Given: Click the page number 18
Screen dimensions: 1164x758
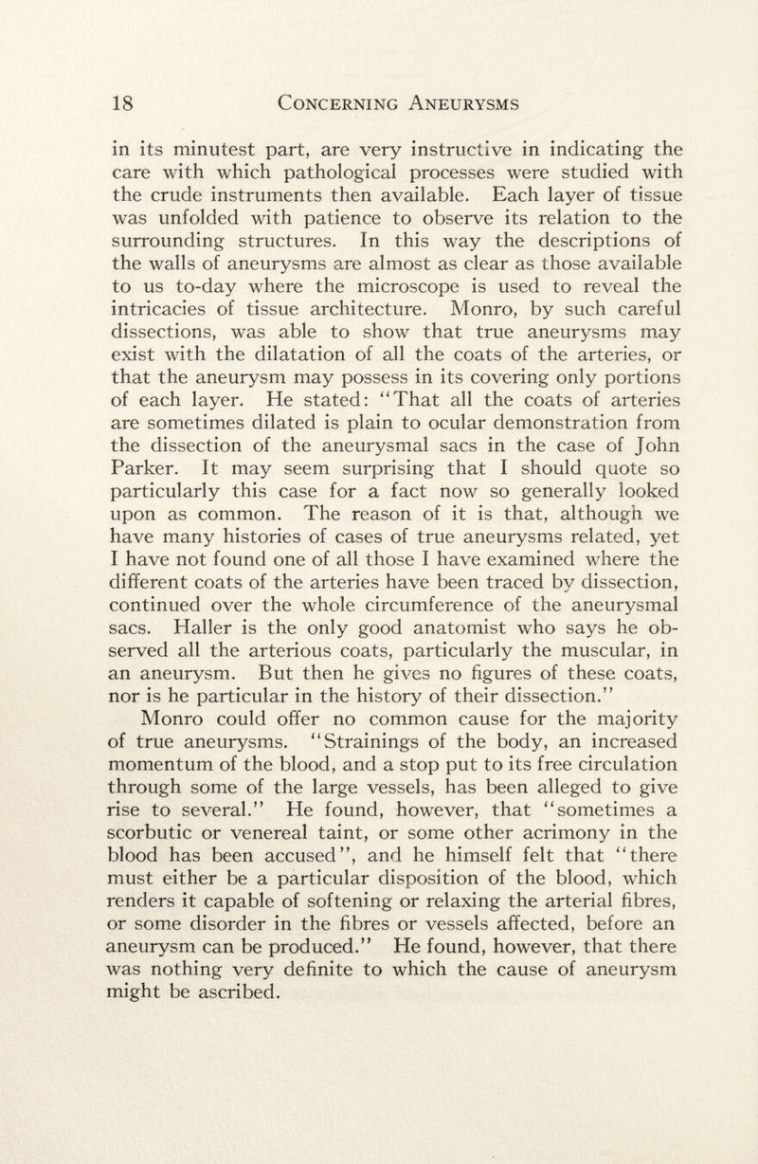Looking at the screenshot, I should [x=123, y=102].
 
